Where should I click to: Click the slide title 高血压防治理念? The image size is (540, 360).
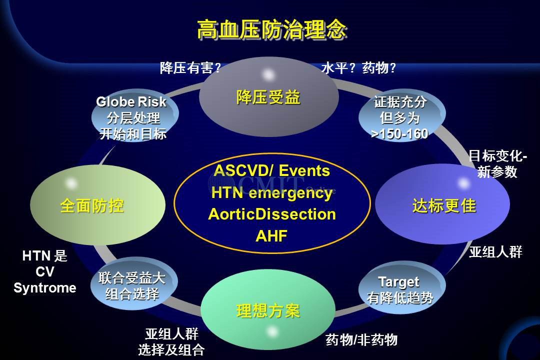click(x=271, y=29)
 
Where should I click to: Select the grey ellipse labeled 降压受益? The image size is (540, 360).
click(x=269, y=97)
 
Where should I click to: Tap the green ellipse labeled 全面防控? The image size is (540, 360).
click(x=98, y=205)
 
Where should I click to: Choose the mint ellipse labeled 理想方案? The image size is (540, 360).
click(x=268, y=310)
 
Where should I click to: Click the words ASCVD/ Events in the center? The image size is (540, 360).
click(x=271, y=170)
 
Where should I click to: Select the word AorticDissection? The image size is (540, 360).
click(x=272, y=214)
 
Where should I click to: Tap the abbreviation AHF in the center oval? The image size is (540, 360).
click(x=271, y=236)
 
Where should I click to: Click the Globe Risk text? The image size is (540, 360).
click(x=131, y=101)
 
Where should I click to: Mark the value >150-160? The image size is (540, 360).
click(x=399, y=133)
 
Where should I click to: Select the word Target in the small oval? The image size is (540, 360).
click(x=399, y=282)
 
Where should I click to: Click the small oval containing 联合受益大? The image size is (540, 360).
click(x=134, y=284)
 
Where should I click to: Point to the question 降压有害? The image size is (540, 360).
click(x=190, y=68)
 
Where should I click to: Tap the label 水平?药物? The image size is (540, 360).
click(x=358, y=68)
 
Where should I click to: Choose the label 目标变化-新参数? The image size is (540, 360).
click(x=497, y=163)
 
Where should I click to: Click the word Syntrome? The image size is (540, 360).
click(x=45, y=287)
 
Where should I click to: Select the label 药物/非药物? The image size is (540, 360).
click(x=361, y=340)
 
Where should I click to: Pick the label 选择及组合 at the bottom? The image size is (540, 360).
click(x=171, y=350)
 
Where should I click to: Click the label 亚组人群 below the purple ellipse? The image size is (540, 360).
click(x=495, y=252)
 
